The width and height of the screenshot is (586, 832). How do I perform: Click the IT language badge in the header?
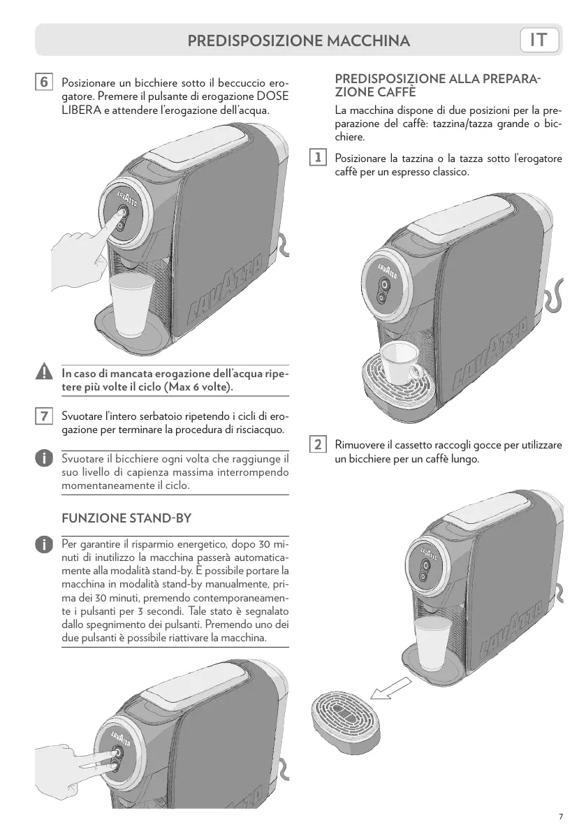[540, 41]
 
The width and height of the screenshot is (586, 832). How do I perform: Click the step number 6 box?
[43, 82]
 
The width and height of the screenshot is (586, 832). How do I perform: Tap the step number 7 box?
[43, 416]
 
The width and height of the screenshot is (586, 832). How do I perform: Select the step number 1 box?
[318, 158]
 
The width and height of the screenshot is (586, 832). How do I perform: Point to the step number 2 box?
[318, 444]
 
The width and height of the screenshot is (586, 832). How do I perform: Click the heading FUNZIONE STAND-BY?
[126, 519]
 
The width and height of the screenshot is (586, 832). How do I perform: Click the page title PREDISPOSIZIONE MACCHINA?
[298, 41]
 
